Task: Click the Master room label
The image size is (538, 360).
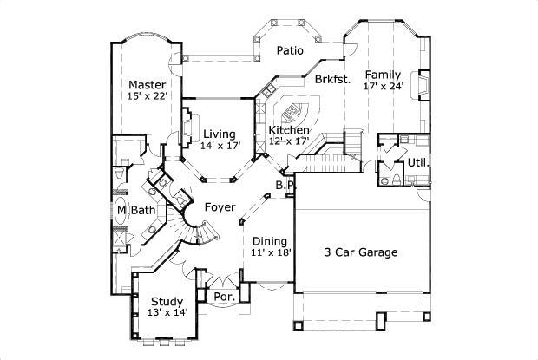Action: (147, 84)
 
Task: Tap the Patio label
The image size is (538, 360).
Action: (290, 50)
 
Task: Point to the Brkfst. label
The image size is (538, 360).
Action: (332, 79)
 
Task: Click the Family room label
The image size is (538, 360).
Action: (383, 74)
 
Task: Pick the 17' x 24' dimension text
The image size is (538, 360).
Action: (383, 86)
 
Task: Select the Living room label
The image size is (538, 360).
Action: (220, 134)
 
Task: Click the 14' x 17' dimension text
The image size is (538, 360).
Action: (220, 146)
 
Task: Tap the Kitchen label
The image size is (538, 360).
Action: (289, 129)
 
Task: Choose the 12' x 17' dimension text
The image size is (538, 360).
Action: (289, 141)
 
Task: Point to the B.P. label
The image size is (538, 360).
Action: (285, 185)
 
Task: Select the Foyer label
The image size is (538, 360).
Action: (220, 207)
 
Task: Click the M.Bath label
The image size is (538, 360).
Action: (135, 210)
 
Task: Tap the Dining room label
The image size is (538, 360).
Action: (270, 240)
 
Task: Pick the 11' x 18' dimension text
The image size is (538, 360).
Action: (270, 252)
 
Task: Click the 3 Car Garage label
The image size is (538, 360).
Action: (361, 252)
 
